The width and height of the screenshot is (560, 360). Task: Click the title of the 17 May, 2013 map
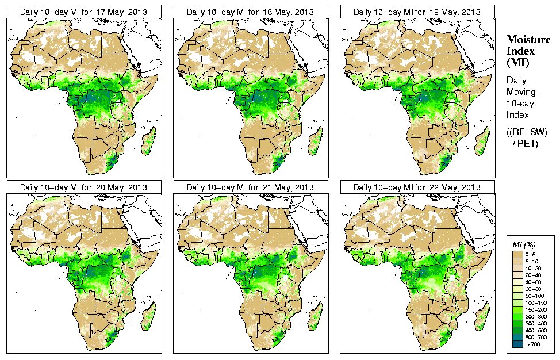83,12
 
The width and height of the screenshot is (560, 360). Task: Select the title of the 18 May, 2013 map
250,12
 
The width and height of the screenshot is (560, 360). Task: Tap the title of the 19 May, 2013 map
417,12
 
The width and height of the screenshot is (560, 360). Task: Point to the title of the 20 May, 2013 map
83,187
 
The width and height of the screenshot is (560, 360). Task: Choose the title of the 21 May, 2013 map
250,187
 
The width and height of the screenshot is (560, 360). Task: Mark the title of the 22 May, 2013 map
417,187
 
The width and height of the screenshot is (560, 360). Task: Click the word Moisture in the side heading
528,39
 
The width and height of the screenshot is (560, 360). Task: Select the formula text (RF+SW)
527,132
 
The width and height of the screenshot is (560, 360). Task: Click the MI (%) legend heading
521,245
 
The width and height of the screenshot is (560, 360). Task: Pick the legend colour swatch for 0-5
517,253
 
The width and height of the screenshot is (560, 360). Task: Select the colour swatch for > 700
517,343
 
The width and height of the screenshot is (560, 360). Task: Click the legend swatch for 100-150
517,302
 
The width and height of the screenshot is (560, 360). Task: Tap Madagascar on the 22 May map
482,317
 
